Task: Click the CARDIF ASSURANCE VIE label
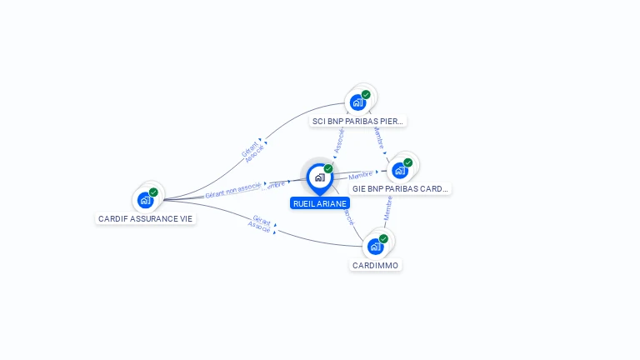145,218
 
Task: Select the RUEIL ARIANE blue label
320,203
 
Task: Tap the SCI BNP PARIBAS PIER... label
357,121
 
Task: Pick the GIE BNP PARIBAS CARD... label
400,188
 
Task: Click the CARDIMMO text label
376,265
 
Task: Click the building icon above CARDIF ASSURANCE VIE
146,200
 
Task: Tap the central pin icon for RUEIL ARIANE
319,177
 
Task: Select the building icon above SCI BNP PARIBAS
357,102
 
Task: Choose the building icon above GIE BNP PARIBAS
400,171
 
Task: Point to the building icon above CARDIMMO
375,247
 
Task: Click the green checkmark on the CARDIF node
153,192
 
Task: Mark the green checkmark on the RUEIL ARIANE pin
328,169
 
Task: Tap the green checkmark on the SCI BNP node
366,95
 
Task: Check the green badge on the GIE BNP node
408,162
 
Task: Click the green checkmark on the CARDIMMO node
383,239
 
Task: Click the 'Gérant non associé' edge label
232,190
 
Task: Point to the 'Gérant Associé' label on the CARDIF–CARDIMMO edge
261,223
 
